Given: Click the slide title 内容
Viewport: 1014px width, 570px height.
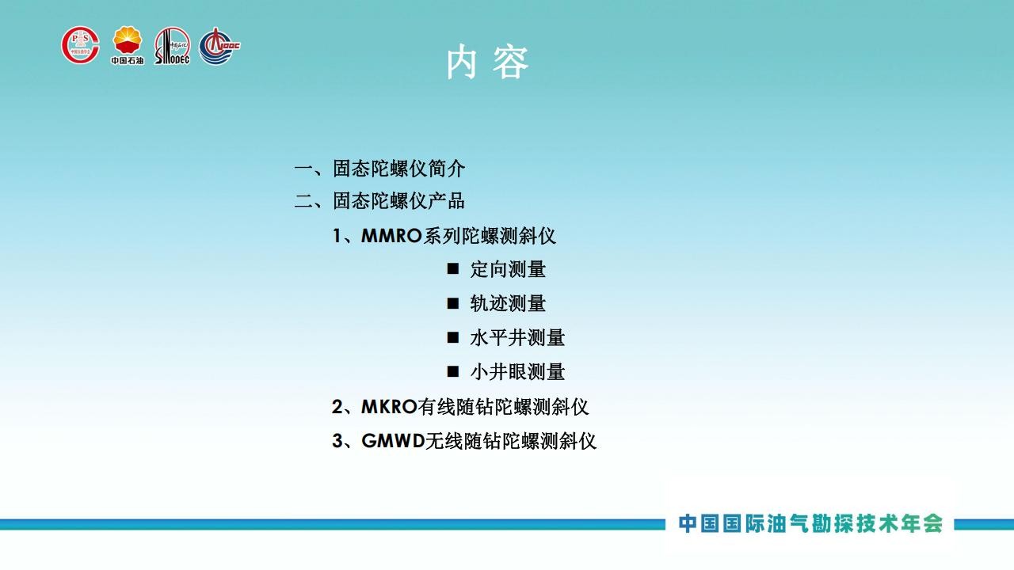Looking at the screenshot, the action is [487, 63].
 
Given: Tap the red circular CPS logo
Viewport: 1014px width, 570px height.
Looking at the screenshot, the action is [81, 45].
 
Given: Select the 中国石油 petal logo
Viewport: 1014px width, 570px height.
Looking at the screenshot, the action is [128, 45].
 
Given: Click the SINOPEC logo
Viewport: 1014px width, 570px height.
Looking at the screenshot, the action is [172, 46].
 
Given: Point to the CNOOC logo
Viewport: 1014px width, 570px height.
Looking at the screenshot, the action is [219, 46].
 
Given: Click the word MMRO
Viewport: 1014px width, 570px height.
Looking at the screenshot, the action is [391, 236].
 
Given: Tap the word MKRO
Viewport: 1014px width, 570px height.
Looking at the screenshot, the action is [389, 407].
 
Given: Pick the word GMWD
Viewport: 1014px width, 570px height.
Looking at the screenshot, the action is [393, 441].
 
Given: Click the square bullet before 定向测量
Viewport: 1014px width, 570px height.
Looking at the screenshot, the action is [452, 268].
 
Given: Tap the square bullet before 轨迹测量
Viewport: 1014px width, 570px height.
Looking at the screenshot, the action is [452, 303].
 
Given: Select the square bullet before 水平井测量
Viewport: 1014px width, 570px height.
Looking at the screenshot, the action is [452, 337].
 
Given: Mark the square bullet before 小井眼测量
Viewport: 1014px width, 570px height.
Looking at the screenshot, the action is [452, 372].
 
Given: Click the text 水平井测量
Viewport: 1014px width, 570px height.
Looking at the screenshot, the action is [517, 338].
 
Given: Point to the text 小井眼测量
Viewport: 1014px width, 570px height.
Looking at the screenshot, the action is [517, 372].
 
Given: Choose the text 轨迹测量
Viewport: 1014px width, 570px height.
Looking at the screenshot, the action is [508, 303].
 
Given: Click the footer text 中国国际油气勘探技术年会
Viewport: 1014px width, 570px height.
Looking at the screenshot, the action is [810, 523].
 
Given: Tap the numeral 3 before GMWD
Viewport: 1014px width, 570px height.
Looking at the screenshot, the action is [337, 441].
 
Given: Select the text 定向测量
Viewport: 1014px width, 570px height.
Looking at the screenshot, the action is [508, 269].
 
